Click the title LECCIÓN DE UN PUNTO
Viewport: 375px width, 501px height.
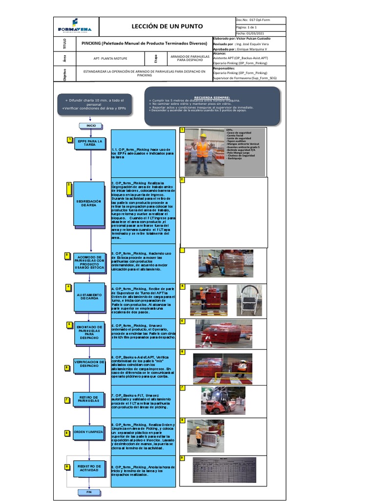click(167, 26)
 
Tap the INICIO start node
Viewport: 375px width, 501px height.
click(91, 126)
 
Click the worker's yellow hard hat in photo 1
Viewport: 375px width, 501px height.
click(201, 135)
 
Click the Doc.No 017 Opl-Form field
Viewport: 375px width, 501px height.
click(259, 20)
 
